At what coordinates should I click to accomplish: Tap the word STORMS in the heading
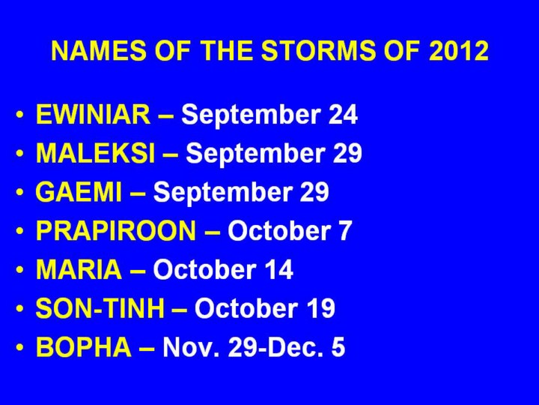click(317, 51)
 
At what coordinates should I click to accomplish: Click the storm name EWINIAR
click(93, 114)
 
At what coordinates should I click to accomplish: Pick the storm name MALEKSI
click(95, 152)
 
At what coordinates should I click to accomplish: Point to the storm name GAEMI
click(79, 191)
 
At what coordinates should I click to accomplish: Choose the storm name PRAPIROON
click(116, 230)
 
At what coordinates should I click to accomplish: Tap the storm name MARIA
click(79, 269)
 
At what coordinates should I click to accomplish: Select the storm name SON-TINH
click(100, 308)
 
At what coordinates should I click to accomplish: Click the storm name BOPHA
click(84, 346)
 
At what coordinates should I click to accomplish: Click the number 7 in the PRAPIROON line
click(345, 230)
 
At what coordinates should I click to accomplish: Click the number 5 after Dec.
click(338, 346)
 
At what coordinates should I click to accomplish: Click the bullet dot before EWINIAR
click(20, 114)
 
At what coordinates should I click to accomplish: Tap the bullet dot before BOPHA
click(20, 346)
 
